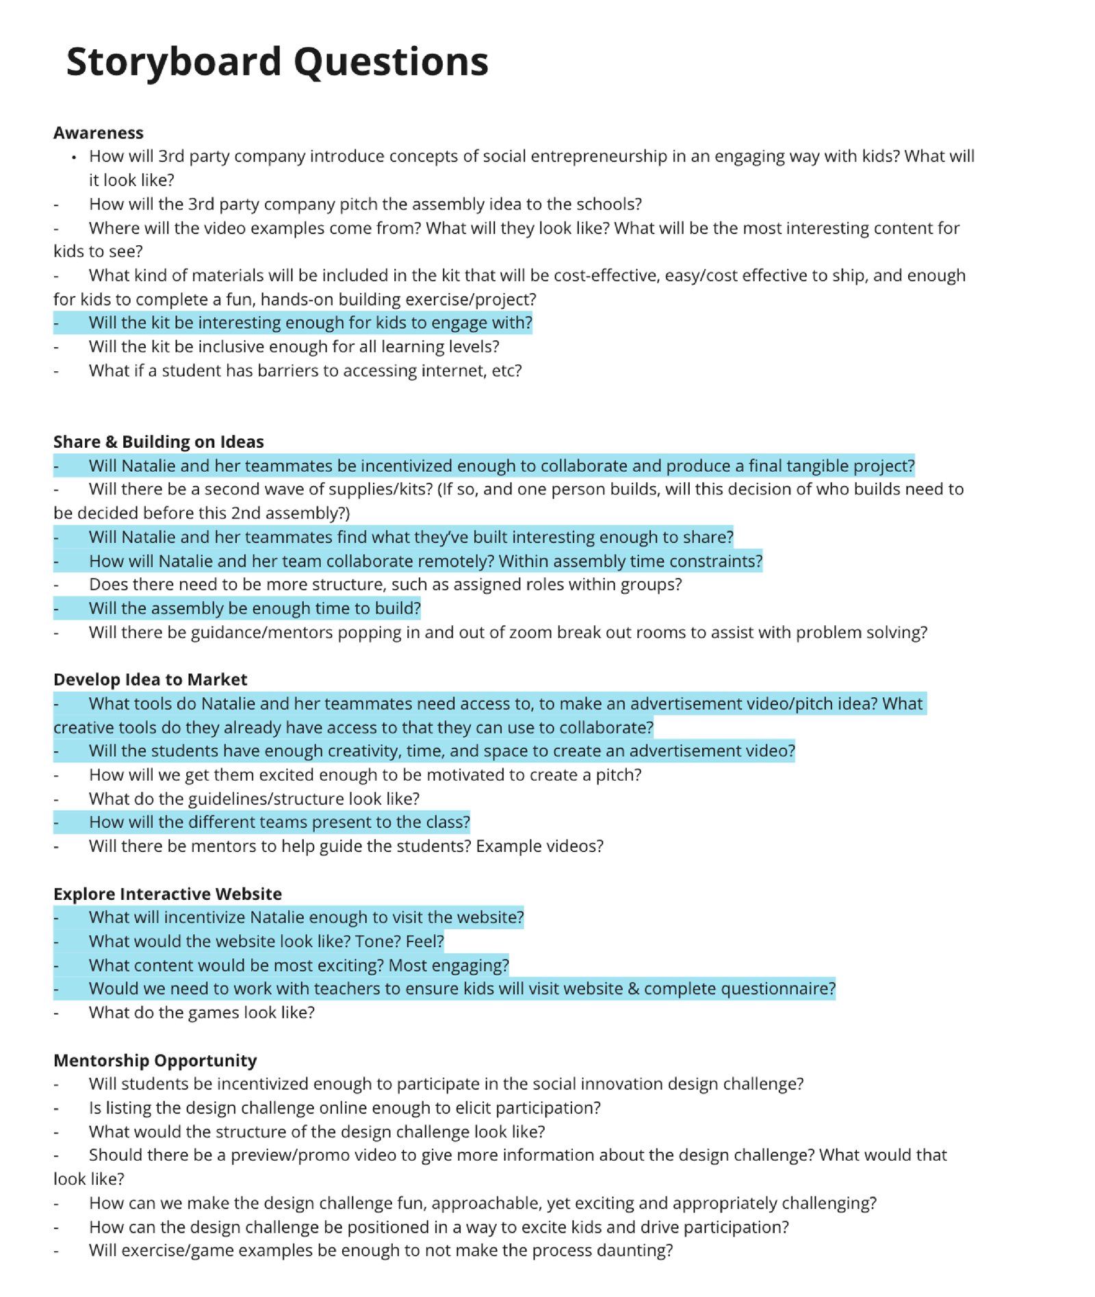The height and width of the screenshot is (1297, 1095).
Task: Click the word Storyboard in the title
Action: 174,62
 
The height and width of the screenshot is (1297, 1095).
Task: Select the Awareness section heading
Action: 99,133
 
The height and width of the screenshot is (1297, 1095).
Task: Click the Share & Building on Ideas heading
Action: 158,442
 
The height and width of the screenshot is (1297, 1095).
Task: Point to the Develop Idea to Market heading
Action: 150,679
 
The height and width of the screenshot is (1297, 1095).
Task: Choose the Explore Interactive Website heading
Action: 167,894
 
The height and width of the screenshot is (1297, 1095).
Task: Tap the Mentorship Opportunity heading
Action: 155,1060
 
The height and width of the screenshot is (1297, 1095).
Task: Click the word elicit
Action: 469,1107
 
